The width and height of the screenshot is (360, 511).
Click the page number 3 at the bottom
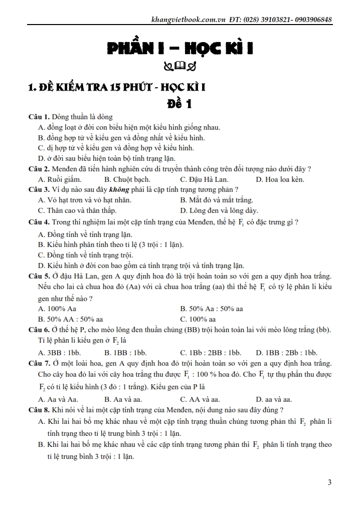(329, 482)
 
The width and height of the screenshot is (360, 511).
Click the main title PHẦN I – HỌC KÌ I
(179, 49)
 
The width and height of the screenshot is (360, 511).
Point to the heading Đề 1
(179, 104)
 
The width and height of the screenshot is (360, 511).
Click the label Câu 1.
(39, 117)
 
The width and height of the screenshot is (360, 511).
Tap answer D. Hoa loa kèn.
(280, 179)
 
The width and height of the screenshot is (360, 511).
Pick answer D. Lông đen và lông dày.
(219, 210)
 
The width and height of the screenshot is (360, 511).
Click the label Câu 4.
(39, 222)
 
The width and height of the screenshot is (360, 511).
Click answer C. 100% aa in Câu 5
(198, 319)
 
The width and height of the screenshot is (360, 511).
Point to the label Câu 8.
(39, 410)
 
